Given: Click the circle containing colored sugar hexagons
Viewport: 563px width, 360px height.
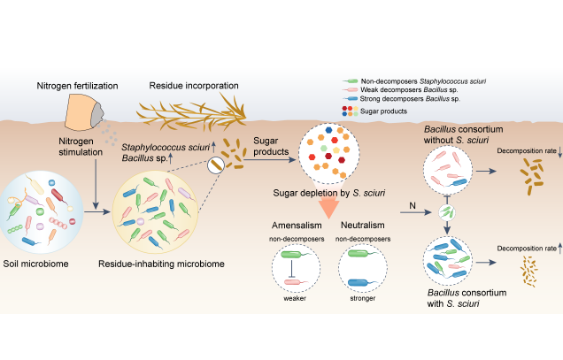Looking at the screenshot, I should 334,156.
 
